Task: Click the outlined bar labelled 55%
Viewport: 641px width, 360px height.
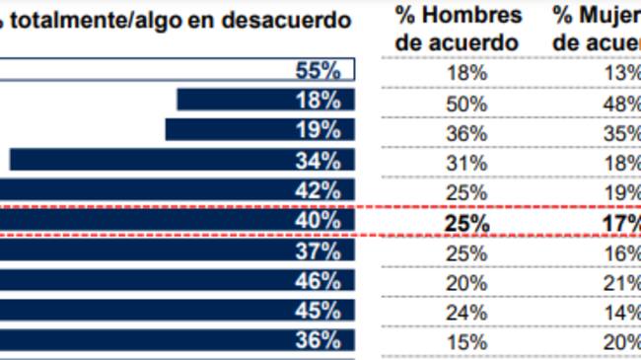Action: coord(178,70)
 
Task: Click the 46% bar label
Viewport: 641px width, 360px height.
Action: coord(318,281)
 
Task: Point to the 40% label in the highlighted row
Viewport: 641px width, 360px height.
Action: coord(318,221)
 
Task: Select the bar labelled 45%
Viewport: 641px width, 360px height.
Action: coord(178,311)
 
